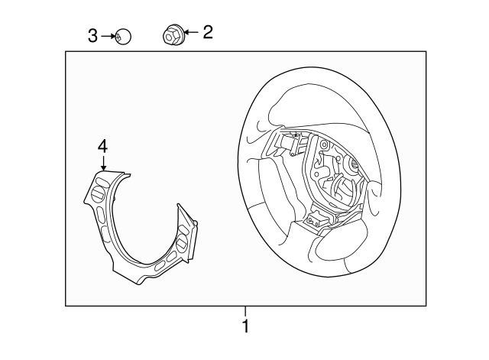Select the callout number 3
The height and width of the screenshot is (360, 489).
[x=92, y=35]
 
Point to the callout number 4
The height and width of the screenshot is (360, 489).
[x=102, y=145]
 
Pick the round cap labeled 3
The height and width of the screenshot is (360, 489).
[x=121, y=35]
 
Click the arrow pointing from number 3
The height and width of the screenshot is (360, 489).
[x=108, y=35]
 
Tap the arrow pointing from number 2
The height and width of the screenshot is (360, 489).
[x=189, y=32]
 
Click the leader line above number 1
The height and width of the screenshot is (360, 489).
[x=245, y=311]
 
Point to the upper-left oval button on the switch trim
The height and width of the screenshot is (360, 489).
[x=98, y=180]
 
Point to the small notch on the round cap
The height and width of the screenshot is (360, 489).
[x=118, y=35]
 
